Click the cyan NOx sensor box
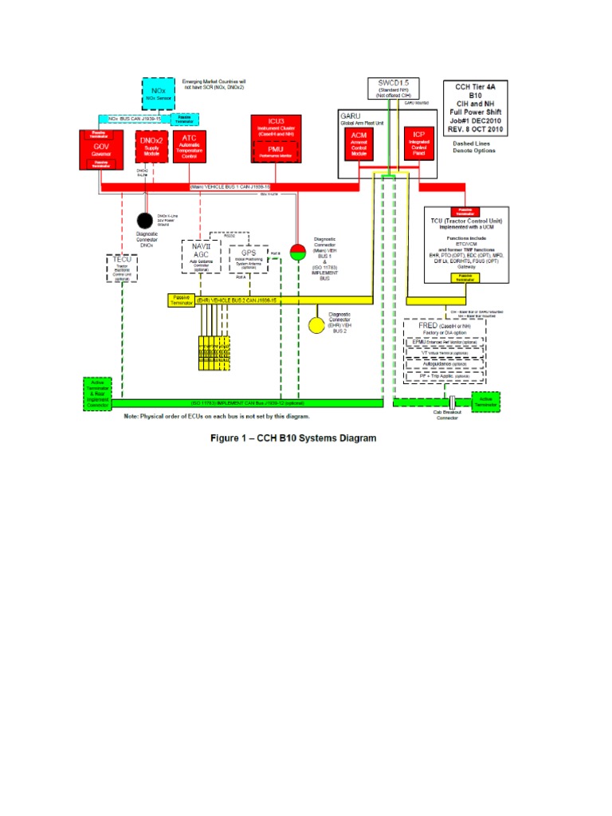[159, 93]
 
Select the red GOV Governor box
[100, 149]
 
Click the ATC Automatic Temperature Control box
[190, 147]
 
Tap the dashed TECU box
[122, 267]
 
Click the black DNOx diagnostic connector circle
[144, 220]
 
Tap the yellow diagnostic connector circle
[317, 325]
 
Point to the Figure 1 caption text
[293, 437]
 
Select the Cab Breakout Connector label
[446, 417]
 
